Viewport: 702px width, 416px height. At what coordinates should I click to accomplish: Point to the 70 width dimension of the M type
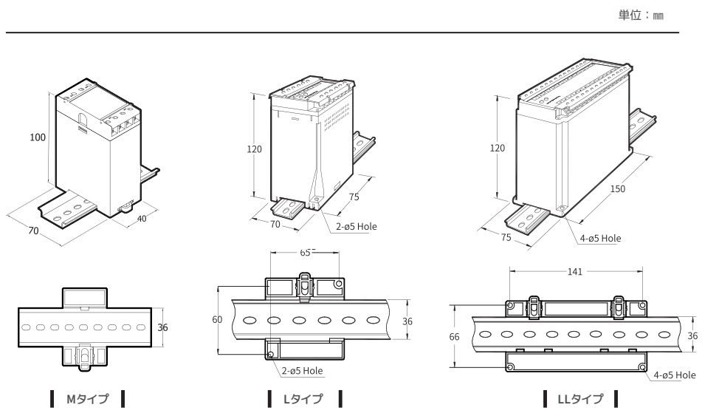pos(33,231)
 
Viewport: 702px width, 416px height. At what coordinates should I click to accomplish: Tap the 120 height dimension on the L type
pos(254,149)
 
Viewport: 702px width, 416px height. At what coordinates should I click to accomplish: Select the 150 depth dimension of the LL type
pos(618,189)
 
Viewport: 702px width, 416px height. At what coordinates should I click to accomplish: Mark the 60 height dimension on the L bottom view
pos(216,320)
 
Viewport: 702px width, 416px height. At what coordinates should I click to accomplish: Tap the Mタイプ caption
pos(88,400)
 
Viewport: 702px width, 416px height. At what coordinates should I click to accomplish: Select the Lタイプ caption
pos(303,400)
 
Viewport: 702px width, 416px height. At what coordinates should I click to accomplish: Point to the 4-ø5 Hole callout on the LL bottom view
pos(674,375)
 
